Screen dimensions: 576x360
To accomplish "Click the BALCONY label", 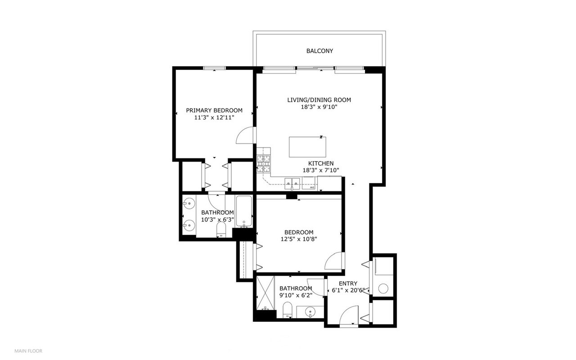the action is click(319, 51).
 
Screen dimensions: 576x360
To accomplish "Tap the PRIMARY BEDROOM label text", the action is click(214, 111).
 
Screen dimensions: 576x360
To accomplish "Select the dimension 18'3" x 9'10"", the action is click(319, 107).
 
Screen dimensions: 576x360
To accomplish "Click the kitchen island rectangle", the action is click(307, 147).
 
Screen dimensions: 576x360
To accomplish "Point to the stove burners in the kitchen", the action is click(264, 164).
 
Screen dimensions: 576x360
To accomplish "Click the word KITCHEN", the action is click(321, 163).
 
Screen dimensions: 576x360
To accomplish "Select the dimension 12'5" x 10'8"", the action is click(299, 239).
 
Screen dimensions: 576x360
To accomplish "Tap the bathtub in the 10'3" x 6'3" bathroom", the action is click(244, 211).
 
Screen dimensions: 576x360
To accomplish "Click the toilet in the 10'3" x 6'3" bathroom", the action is click(221, 229).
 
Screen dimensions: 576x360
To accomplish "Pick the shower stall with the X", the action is click(266, 293).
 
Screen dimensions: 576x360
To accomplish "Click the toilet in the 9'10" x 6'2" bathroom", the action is click(287, 310).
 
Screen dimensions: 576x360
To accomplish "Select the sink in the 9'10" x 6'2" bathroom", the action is click(310, 312).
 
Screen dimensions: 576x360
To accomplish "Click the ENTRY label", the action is click(348, 283).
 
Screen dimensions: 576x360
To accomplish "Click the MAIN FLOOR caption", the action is click(28, 351).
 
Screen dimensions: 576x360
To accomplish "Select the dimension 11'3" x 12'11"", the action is click(214, 118).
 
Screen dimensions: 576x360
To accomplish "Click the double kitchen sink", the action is click(292, 184).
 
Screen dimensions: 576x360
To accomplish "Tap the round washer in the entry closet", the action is click(383, 288).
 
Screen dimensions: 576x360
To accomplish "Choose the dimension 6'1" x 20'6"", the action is click(348, 291).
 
